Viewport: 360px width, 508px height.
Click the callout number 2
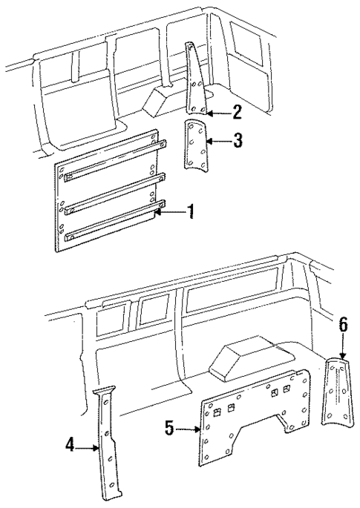pyautogui.click(x=236, y=113)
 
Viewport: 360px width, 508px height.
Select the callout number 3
pyautogui.click(x=236, y=140)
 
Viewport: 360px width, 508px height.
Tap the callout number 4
pyautogui.click(x=70, y=446)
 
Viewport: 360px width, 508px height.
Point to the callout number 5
pyautogui.click(x=169, y=429)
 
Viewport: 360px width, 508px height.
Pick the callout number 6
pyautogui.click(x=342, y=325)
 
